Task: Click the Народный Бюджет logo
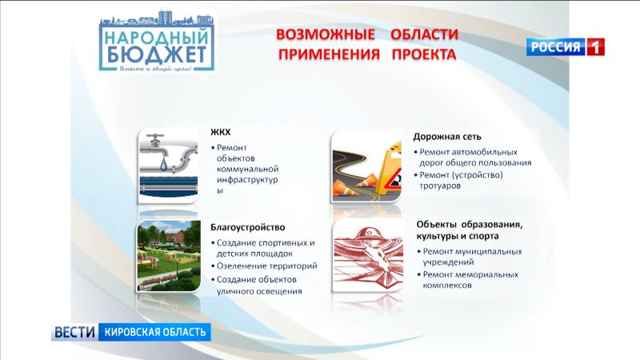click(x=158, y=44)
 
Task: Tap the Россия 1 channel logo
click(x=565, y=46)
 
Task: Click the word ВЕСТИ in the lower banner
click(x=76, y=331)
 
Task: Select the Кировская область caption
click(x=154, y=331)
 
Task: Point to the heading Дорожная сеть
click(x=447, y=137)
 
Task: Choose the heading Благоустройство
click(x=248, y=227)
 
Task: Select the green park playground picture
click(x=167, y=256)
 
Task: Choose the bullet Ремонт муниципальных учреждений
click(x=472, y=256)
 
